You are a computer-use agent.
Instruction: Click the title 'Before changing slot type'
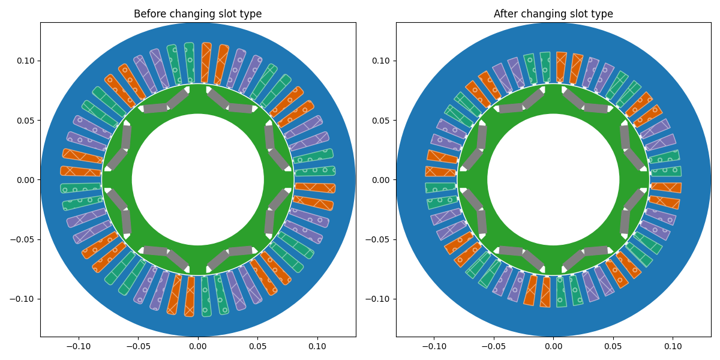coord(197,14)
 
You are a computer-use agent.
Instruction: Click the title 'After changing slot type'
coord(553,14)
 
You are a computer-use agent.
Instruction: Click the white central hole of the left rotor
coord(197,179)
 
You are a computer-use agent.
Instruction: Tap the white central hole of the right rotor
coord(553,179)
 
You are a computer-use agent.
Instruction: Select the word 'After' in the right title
coord(506,14)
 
